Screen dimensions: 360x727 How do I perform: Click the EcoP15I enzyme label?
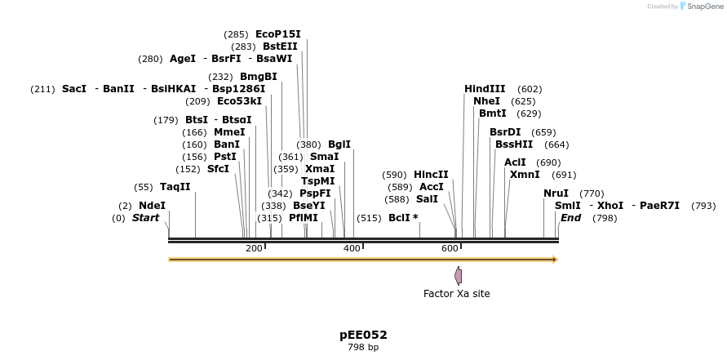(x=277, y=34)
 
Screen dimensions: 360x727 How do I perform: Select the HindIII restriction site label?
(x=485, y=89)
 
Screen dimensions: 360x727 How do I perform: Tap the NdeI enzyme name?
(x=152, y=206)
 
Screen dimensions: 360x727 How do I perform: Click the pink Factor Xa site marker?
(x=459, y=275)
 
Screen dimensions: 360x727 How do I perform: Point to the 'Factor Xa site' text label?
(x=456, y=294)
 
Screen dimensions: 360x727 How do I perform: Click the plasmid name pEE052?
(x=363, y=335)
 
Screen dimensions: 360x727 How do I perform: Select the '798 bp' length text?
(x=363, y=348)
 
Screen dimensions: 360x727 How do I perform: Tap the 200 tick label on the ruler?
(x=254, y=248)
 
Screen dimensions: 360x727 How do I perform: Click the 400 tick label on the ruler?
(x=352, y=248)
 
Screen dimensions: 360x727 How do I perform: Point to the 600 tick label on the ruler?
(x=450, y=248)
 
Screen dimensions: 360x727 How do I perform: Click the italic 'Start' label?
(x=145, y=218)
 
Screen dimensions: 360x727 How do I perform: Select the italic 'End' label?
(x=570, y=218)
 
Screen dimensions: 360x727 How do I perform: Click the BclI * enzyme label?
(x=403, y=218)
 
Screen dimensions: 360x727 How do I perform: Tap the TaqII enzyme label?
(x=175, y=187)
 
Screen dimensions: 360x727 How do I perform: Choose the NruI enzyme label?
(x=556, y=193)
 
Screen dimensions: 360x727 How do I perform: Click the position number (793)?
(x=703, y=206)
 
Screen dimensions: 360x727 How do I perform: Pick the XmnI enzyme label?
(x=525, y=175)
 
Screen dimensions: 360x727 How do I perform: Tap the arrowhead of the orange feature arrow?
(x=555, y=260)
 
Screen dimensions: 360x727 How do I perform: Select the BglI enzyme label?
(x=339, y=144)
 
